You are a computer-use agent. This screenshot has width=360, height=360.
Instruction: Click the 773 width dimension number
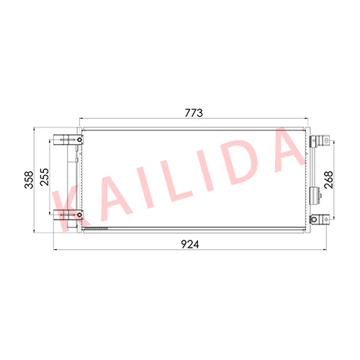click(x=194, y=113)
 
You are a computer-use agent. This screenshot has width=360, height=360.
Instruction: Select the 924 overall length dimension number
click(x=190, y=244)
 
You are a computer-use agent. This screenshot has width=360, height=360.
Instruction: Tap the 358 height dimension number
click(x=29, y=180)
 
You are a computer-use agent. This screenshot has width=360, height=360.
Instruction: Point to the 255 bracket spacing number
click(x=45, y=177)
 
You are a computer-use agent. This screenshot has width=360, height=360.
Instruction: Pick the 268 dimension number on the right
click(x=328, y=180)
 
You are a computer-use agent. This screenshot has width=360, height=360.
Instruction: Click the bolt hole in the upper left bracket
click(x=79, y=140)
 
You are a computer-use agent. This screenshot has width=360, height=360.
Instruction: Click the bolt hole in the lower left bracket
click(x=79, y=215)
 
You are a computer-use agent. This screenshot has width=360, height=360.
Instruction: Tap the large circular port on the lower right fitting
click(x=314, y=219)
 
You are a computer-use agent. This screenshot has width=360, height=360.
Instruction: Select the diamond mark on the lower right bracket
click(x=326, y=219)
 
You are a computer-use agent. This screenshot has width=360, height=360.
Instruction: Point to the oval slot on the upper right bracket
click(x=326, y=140)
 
